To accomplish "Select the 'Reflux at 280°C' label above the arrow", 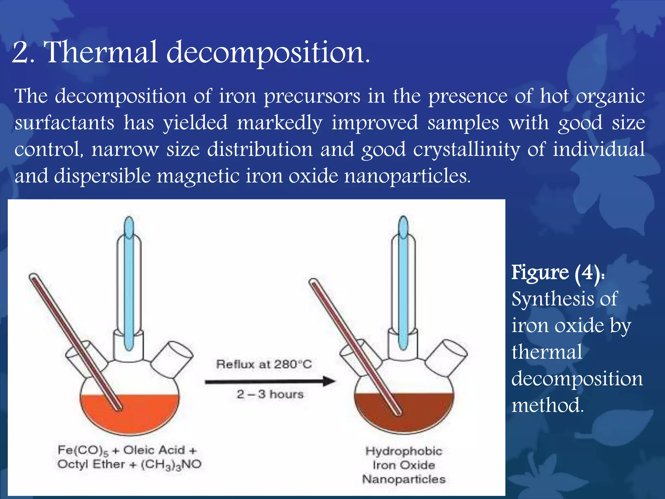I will [x=264, y=364].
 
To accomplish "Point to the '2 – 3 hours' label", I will [x=270, y=394].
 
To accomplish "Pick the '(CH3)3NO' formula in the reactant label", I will [x=171, y=465].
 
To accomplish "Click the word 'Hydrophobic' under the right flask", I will [x=404, y=451].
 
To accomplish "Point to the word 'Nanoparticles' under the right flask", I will [x=404, y=479].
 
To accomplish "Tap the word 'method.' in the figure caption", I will [x=547, y=405].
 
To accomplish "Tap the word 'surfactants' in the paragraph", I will [x=64, y=123].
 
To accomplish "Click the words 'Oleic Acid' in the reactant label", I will [x=154, y=450].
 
